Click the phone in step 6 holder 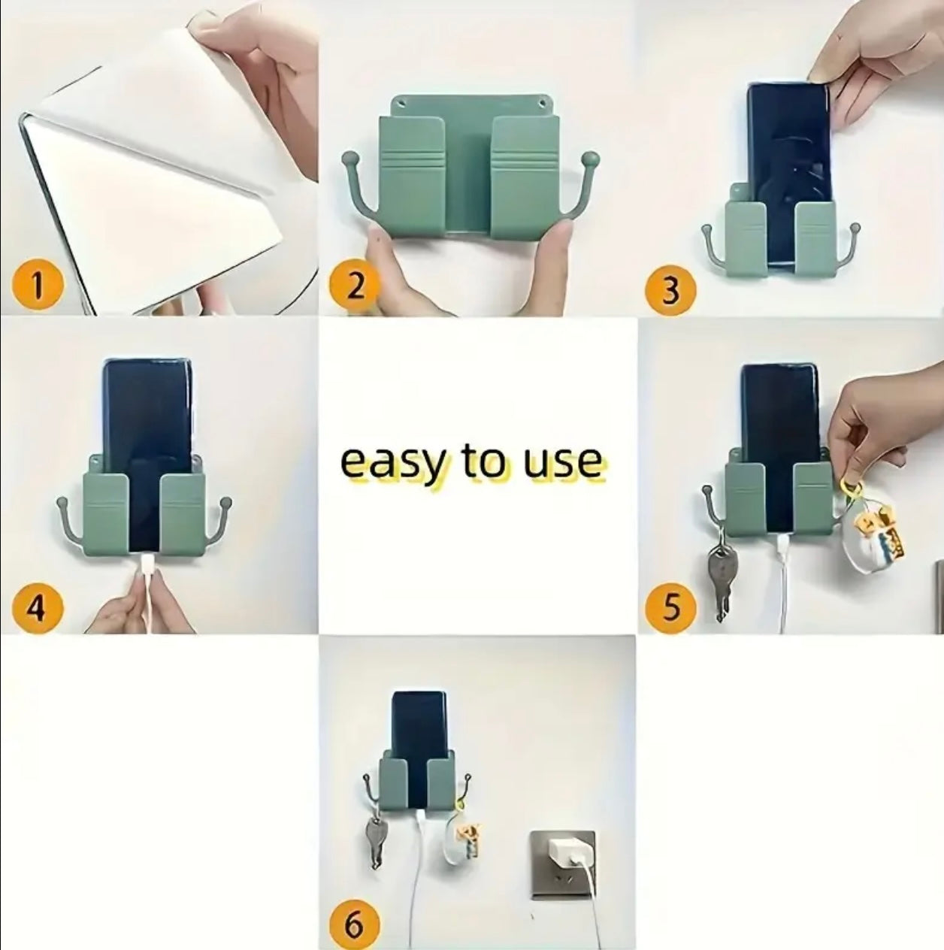tap(417, 722)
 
